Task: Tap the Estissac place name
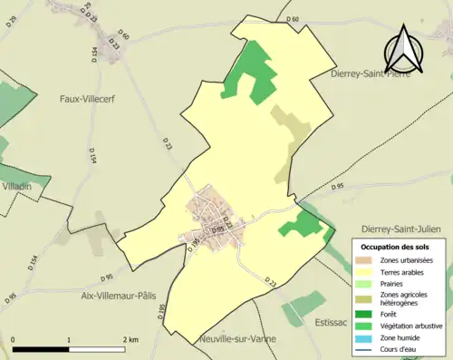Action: [328, 322]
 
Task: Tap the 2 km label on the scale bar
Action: [130, 339]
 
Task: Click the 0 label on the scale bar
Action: [13, 339]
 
